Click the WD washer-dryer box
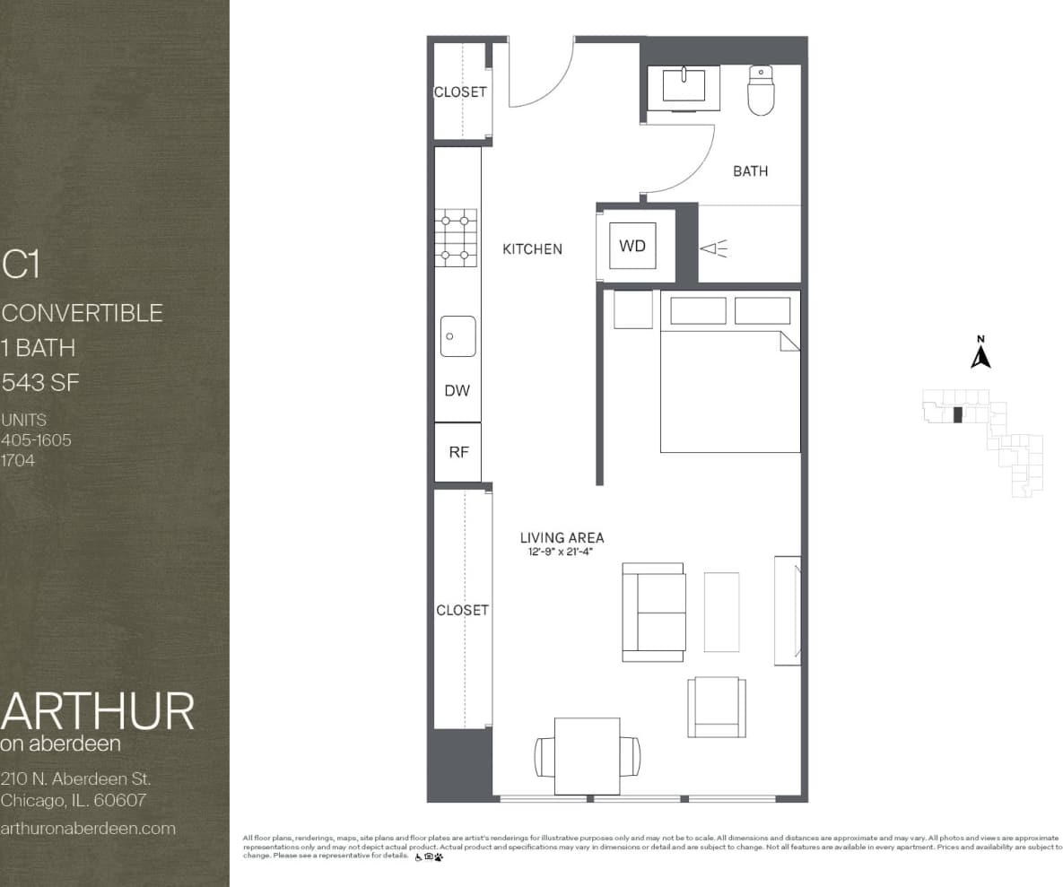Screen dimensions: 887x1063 coord(632,246)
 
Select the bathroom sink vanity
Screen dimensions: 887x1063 coord(684,87)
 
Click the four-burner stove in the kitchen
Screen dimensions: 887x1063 coord(456,238)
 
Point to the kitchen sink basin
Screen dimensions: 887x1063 coord(458,336)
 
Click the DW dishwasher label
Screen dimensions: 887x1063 coord(457,391)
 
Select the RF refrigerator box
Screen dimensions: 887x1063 coord(458,452)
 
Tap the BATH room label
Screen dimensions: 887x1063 coord(750,170)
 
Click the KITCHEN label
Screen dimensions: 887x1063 coord(532,249)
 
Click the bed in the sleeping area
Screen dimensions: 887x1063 coord(730,390)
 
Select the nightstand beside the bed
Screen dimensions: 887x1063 coord(633,309)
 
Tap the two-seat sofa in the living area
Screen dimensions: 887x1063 coord(654,612)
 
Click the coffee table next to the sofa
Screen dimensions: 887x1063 coord(721,612)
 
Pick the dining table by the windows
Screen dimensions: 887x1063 coord(588,755)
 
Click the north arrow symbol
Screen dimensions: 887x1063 coord(980,356)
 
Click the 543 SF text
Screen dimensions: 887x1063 coord(40,383)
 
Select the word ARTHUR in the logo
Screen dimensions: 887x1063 coord(97,711)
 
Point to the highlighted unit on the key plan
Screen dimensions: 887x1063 coord(957,414)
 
